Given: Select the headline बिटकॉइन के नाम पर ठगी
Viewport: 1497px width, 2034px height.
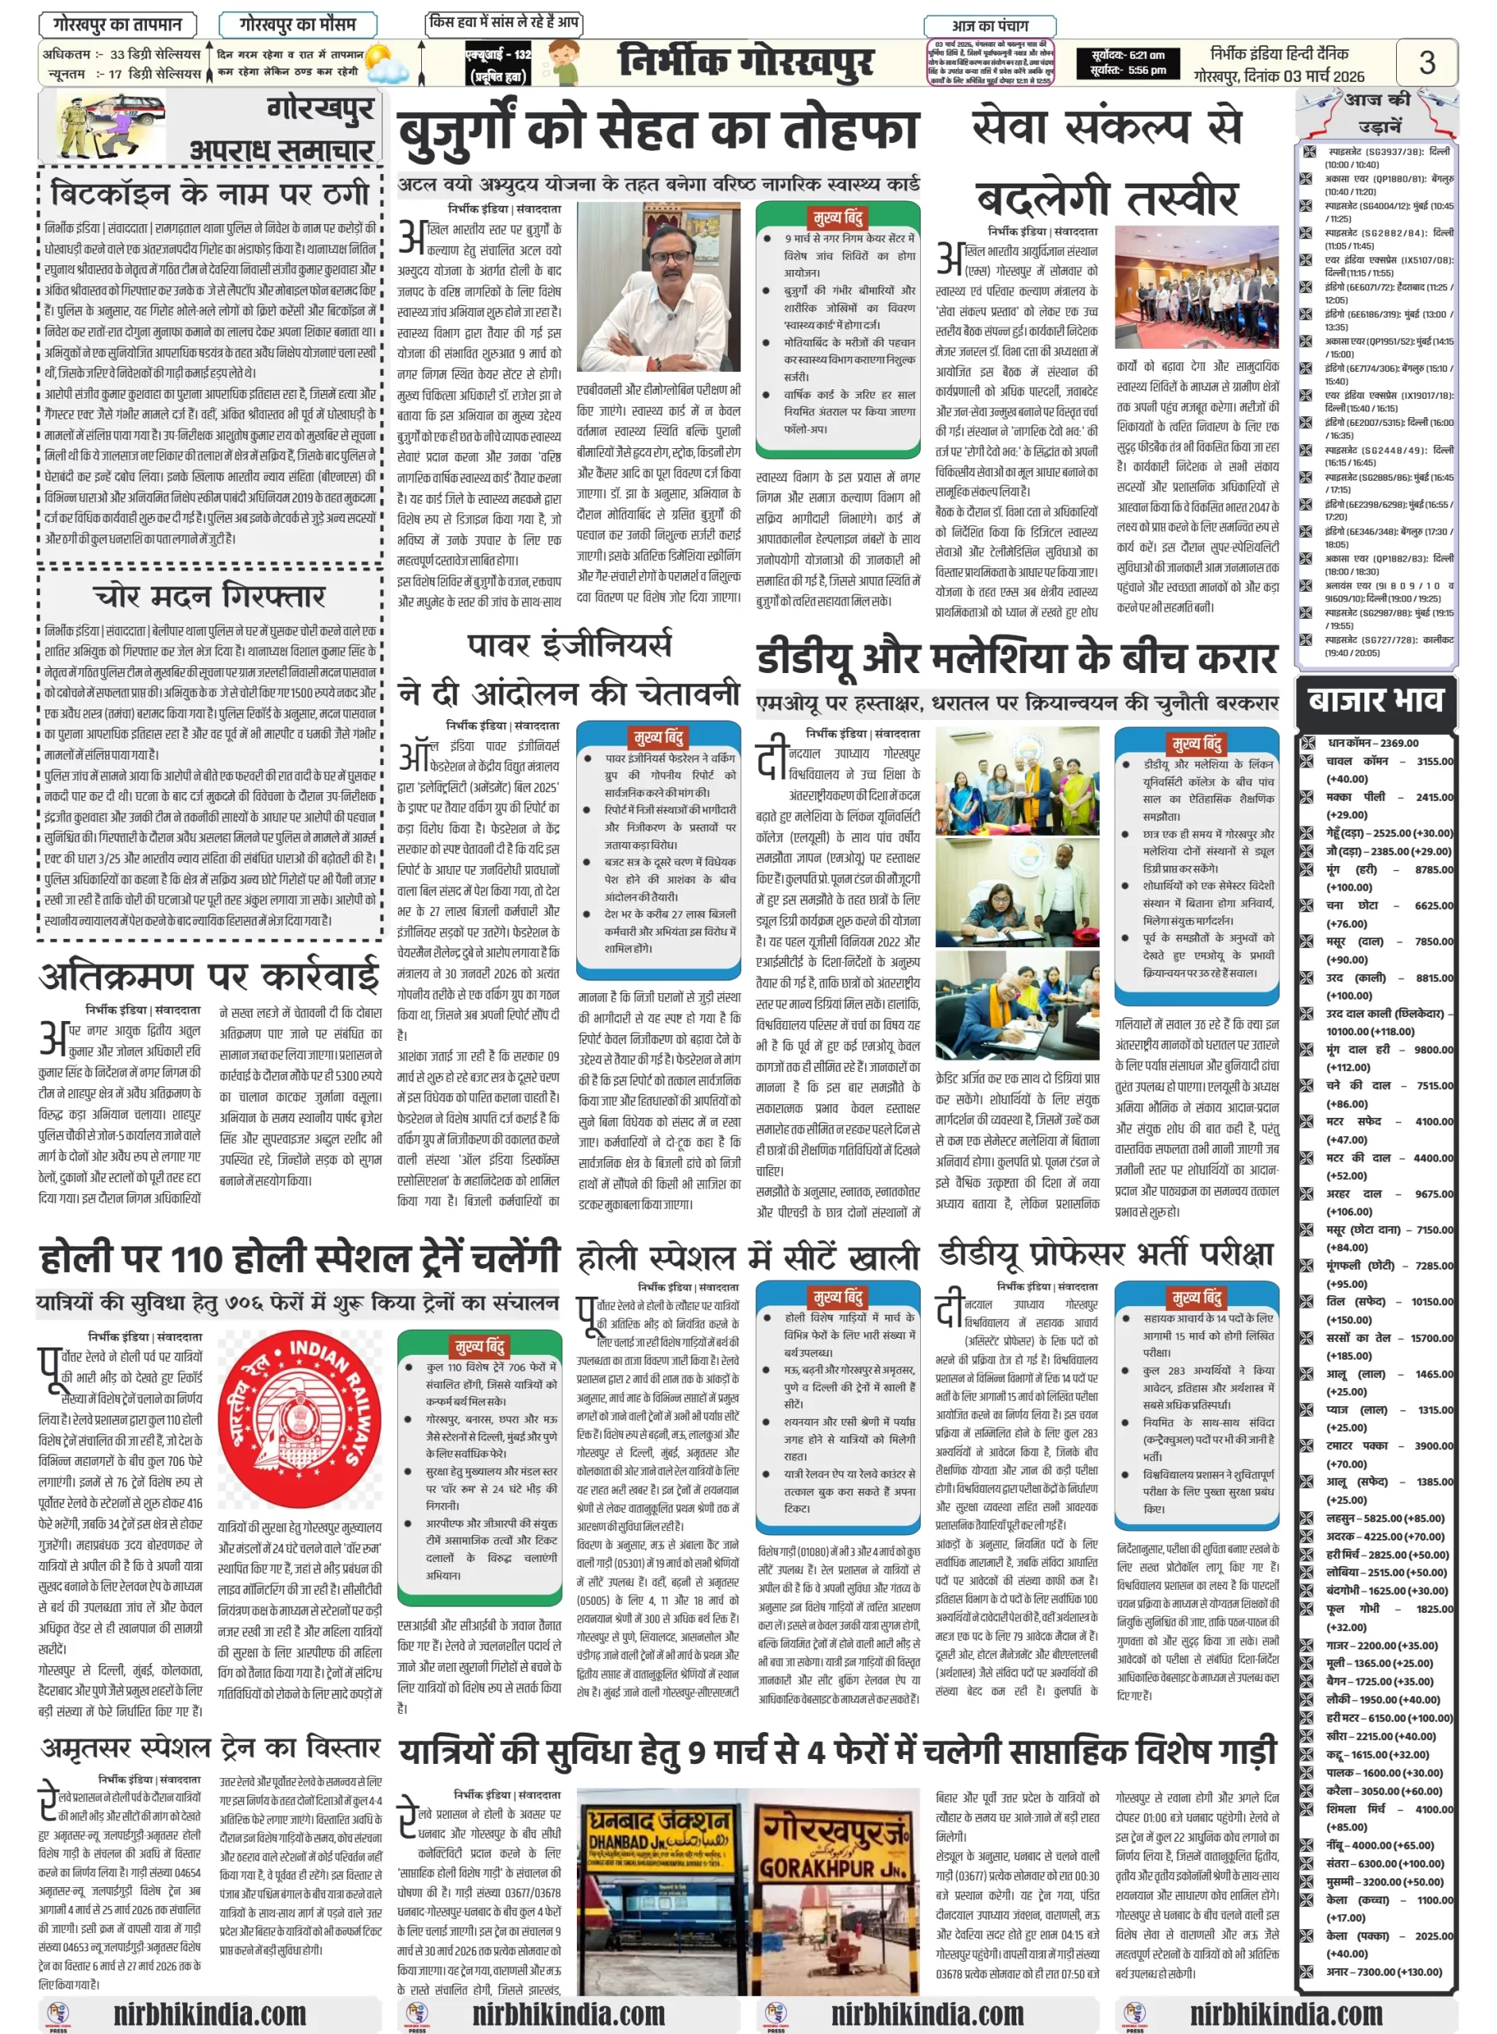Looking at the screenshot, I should (x=211, y=192).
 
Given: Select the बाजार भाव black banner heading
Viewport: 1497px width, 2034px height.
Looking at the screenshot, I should (x=1375, y=700).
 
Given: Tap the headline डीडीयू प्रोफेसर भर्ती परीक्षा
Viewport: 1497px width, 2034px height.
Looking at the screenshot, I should (x=1105, y=1254).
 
